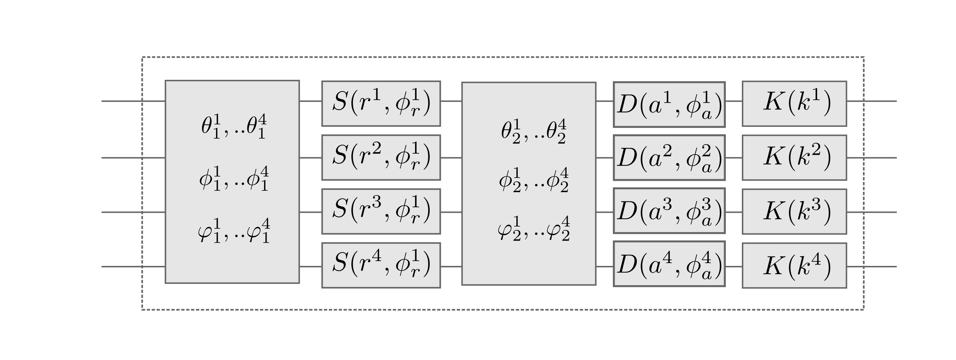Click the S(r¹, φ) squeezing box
(x=381, y=104)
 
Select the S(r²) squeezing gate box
(x=381, y=158)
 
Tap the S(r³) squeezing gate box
(x=381, y=212)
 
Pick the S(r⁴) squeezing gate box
(x=381, y=265)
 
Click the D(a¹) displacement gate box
(x=669, y=104)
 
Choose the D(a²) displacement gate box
(x=669, y=158)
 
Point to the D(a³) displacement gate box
(x=669, y=211)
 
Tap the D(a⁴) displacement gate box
(x=669, y=264)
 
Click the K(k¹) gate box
(x=794, y=104)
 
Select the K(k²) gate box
(x=794, y=158)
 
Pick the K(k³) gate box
(x=794, y=212)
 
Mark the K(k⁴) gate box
(x=794, y=265)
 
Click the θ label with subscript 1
(x=233, y=127)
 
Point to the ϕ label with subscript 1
(x=233, y=179)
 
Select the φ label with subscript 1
(x=233, y=231)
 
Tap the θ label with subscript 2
(x=533, y=132)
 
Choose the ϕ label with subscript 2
(x=533, y=180)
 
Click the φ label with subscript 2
(x=533, y=229)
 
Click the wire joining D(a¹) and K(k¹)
(x=734, y=101)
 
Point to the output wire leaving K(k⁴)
(x=872, y=267)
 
